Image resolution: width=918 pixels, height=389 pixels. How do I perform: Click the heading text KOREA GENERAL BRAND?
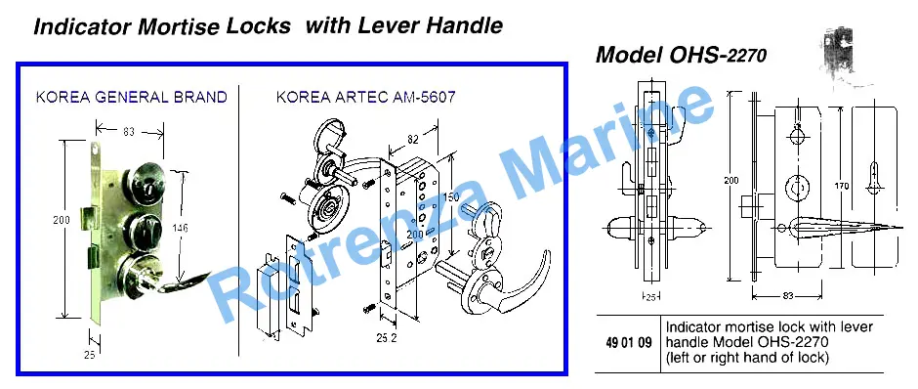pos(131,97)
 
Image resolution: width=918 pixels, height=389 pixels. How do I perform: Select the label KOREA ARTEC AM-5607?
pos(365,97)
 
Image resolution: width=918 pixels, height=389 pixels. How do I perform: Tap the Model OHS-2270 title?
pos(681,56)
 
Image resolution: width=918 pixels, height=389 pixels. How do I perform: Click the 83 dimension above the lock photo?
pos(129,131)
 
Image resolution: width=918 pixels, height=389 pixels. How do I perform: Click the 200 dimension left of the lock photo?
pos(61,220)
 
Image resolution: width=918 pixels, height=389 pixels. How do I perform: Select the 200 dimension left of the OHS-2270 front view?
pos(730,181)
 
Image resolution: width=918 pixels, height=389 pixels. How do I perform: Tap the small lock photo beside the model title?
pos(841,58)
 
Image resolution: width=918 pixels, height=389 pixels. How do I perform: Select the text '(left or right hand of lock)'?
pos(747,357)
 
